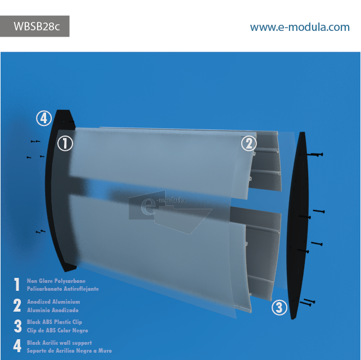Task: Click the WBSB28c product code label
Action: click(x=34, y=26)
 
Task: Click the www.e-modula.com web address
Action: click(x=299, y=27)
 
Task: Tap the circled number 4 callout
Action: click(x=44, y=118)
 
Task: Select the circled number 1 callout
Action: click(x=65, y=143)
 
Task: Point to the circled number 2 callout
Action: click(x=249, y=143)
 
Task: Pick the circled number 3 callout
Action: click(x=279, y=307)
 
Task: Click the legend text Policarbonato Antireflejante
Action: click(x=62, y=289)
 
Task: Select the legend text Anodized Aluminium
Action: click(x=53, y=302)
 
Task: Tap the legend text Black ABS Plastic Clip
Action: click(x=55, y=322)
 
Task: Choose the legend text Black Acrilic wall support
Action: click(x=59, y=343)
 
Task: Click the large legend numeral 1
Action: click(x=17, y=285)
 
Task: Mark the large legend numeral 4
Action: click(x=17, y=346)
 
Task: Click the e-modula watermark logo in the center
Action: click(x=163, y=208)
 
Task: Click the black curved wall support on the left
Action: click(x=54, y=191)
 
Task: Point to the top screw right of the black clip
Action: click(x=316, y=154)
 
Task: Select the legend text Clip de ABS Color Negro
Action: click(x=57, y=330)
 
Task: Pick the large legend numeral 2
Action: click(x=17, y=305)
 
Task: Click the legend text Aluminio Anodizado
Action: click(x=53, y=310)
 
